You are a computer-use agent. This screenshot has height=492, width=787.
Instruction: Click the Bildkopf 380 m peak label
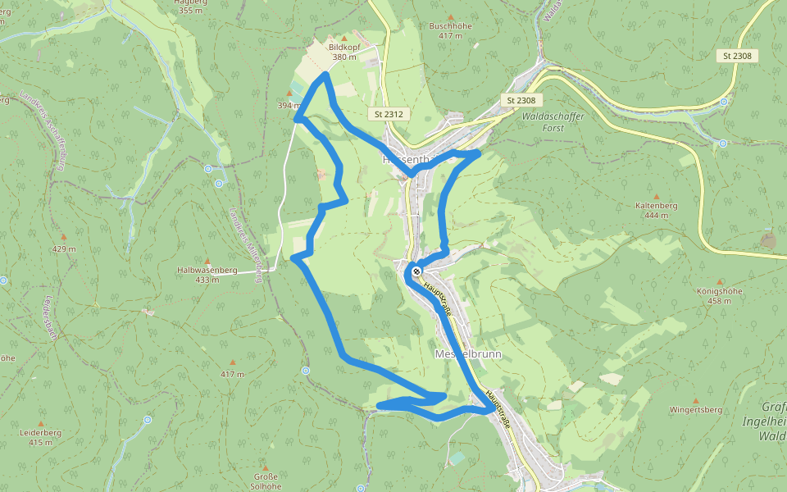[x=343, y=52]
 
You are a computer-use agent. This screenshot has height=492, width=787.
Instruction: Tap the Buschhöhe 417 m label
[x=450, y=30]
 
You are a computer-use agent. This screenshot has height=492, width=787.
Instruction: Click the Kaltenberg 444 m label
[x=652, y=210]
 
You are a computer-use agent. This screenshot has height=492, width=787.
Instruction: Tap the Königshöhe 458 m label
[x=719, y=296]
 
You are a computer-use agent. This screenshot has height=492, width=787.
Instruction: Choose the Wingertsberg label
[x=695, y=409]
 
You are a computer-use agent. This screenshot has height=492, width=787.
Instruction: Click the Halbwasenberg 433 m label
[x=207, y=275]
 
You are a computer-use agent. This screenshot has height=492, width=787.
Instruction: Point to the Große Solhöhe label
[x=265, y=481]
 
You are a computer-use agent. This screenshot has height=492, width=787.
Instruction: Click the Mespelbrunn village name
[x=466, y=354]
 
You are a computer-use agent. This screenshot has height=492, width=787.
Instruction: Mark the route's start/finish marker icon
[x=417, y=271]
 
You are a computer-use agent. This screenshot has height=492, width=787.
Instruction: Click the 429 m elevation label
[x=63, y=248]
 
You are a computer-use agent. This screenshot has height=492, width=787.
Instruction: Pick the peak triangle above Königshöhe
[x=720, y=280]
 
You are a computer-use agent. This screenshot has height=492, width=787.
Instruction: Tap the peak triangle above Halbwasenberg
[x=207, y=259]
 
